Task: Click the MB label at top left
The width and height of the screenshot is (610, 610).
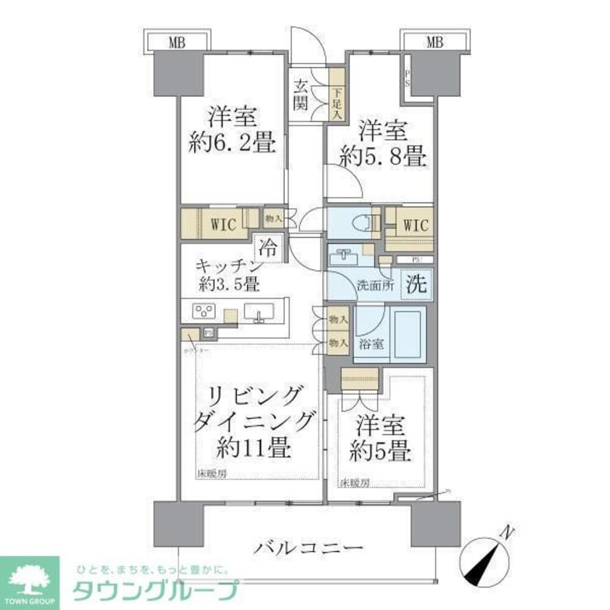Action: tap(177, 42)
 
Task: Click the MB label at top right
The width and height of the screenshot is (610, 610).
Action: tap(434, 42)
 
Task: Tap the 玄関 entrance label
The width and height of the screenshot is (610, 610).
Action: tap(300, 94)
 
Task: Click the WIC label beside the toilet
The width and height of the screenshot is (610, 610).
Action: tap(414, 224)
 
